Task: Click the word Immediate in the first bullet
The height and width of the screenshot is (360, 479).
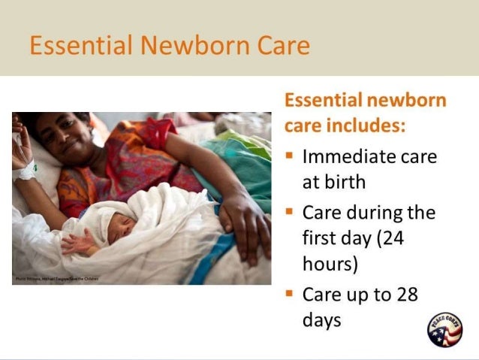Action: click(348, 158)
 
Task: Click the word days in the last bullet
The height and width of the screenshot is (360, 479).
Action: click(321, 320)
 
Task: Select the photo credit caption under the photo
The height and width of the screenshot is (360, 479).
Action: click(56, 280)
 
